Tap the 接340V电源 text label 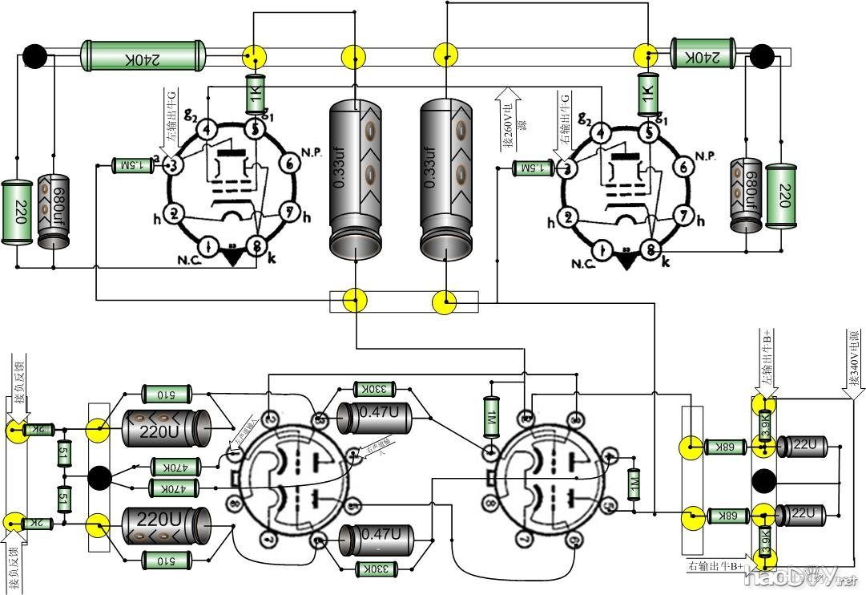tap(855, 361)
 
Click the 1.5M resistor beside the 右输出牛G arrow tap(532, 168)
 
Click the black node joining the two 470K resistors tap(99, 477)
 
